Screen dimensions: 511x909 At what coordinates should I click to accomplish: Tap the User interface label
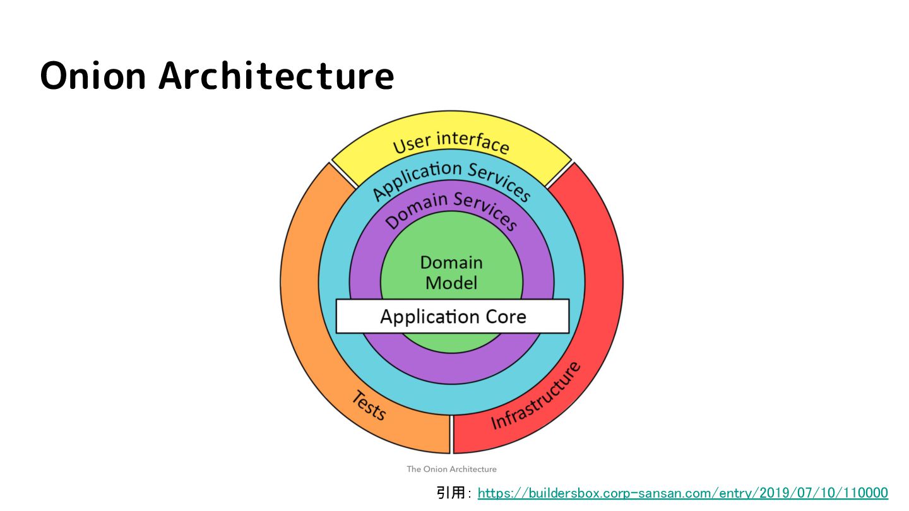tap(451, 142)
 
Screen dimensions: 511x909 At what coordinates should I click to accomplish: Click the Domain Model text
tap(451, 273)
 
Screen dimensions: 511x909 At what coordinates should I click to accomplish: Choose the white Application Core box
tap(452, 316)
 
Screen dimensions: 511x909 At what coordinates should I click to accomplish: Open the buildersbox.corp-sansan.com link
tap(682, 493)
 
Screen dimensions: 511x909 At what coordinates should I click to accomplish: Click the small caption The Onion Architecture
tap(451, 469)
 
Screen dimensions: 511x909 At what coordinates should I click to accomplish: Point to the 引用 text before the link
tap(451, 493)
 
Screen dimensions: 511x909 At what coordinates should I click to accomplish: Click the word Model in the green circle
tap(451, 283)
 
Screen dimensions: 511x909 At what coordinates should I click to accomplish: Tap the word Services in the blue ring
tap(499, 180)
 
